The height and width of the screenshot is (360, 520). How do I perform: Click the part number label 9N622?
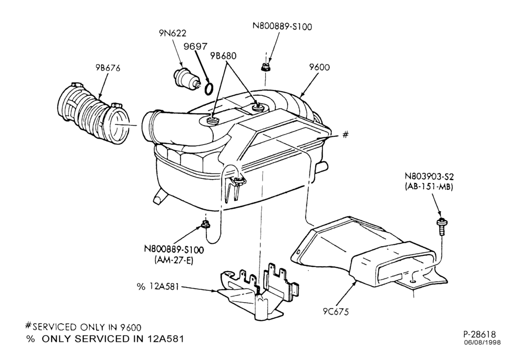click(x=173, y=33)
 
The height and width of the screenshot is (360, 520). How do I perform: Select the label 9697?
click(x=196, y=46)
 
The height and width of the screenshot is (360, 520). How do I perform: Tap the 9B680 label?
click(x=223, y=56)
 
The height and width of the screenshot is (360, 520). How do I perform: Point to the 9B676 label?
click(x=108, y=68)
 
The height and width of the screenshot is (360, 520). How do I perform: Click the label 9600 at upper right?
click(x=320, y=67)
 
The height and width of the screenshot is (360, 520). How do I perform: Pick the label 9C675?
click(x=336, y=312)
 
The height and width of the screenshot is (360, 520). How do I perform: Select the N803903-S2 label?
click(x=429, y=176)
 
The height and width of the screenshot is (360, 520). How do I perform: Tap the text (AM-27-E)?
click(x=174, y=261)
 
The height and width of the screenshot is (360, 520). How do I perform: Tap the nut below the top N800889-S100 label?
click(x=265, y=68)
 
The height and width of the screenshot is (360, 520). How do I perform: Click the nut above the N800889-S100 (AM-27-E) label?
click(x=205, y=225)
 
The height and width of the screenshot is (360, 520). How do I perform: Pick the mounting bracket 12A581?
click(x=258, y=291)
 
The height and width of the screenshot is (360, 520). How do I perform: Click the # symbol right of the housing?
click(x=345, y=134)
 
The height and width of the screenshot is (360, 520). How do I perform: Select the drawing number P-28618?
click(x=479, y=334)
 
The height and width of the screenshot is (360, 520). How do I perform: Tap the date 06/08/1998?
click(x=482, y=342)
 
